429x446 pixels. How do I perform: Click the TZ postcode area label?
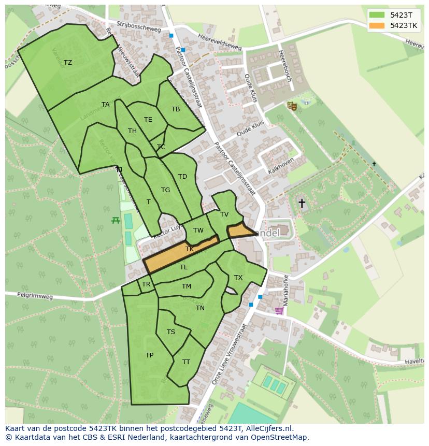click(68, 63)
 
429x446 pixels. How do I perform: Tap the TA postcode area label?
click(106, 105)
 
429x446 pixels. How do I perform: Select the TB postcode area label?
click(176, 109)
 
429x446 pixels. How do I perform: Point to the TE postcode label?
click(148, 120)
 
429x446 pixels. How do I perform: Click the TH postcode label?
click(132, 131)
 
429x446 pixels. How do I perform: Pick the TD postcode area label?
click(182, 177)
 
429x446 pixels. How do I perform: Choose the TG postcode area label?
click(165, 190)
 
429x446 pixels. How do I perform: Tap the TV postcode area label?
click(224, 214)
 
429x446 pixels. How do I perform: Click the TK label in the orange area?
click(190, 249)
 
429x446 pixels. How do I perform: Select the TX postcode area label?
click(238, 278)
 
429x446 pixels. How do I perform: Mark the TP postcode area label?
click(149, 355)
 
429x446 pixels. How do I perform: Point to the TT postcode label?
click(186, 362)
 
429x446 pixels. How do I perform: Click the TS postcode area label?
click(171, 332)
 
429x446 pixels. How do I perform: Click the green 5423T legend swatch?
click(377, 15)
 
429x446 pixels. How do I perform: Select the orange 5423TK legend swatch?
click(377, 25)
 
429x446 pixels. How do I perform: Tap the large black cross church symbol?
click(302, 204)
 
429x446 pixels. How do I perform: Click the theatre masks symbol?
click(292, 106)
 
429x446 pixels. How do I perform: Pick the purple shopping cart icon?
click(279, 311)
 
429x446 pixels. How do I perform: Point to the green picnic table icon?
click(116, 220)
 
